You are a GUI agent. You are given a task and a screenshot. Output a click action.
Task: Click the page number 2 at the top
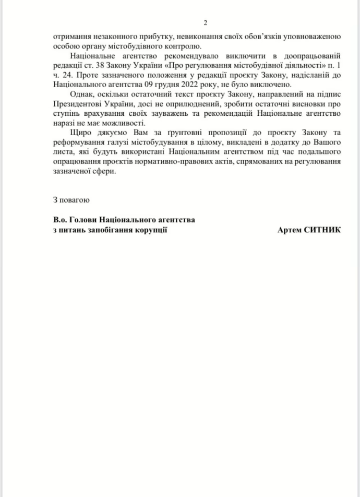(205, 22)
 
